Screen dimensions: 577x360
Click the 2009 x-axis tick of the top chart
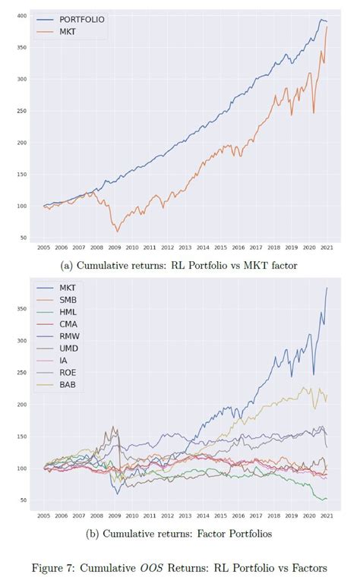pyautogui.click(x=116, y=248)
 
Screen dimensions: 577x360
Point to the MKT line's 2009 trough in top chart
pyautogui.click(x=117, y=231)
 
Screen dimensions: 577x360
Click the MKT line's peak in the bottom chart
pyautogui.click(x=327, y=288)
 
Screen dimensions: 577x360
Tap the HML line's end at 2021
pyautogui.click(x=327, y=499)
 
